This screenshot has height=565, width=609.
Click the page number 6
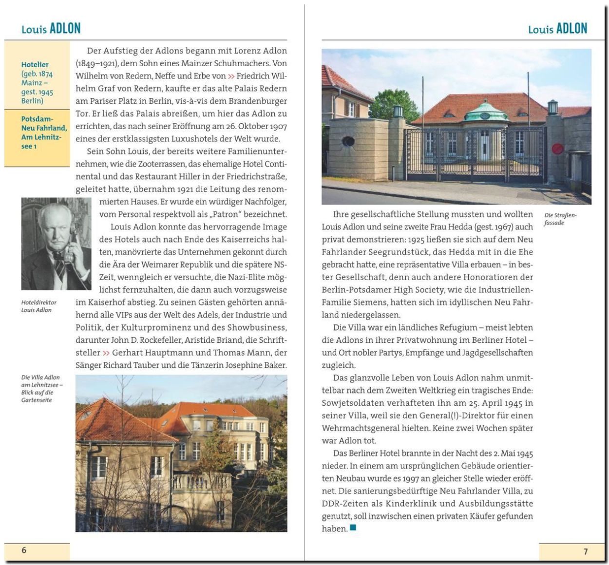tap(24, 550)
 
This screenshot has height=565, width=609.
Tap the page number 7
tap(586, 551)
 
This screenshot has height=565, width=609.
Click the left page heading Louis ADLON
tap(51, 29)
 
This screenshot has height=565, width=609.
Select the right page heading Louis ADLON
tap(557, 29)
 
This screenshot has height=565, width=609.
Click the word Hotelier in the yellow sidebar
tap(35, 64)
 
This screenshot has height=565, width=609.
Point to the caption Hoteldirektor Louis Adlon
tap(38, 306)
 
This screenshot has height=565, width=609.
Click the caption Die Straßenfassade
tap(560, 219)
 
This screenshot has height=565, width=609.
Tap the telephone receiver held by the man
tap(73, 244)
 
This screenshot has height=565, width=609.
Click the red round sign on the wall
tap(558, 149)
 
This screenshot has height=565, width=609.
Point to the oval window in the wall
tap(348, 141)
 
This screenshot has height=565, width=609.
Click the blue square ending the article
tap(353, 527)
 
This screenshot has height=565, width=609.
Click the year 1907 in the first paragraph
tap(276, 126)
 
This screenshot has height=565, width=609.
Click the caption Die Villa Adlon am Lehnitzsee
tap(42, 388)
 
